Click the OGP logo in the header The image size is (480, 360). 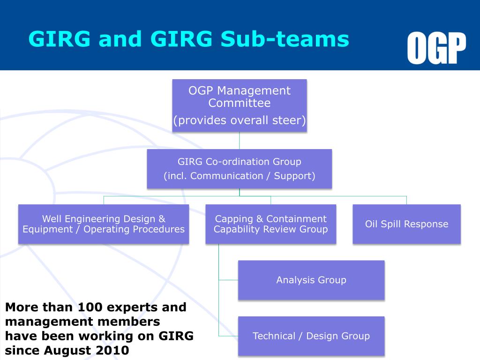point(436,48)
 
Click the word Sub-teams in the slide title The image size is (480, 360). point(285,39)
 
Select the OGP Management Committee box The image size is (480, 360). point(240,105)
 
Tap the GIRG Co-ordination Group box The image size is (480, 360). point(240,169)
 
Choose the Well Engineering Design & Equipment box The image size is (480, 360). point(104,224)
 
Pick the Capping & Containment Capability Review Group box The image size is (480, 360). point(270,224)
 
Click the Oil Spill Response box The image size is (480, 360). point(406,224)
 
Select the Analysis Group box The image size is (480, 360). point(311,280)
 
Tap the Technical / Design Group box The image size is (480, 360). point(311,336)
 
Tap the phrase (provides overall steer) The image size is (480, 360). point(240,120)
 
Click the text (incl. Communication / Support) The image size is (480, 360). point(240,176)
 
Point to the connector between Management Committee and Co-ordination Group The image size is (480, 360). point(240,140)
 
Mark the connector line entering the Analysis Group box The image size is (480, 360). point(228,280)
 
